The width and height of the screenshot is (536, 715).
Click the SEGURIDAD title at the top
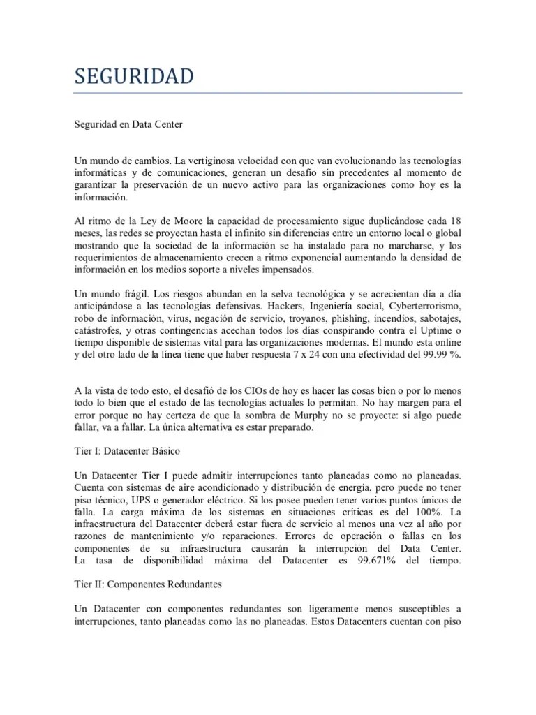tap(135, 76)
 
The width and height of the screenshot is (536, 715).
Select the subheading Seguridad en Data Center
tap(128, 125)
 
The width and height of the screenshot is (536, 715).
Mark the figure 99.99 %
tap(440, 355)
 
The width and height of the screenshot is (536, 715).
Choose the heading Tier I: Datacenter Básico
tap(128, 452)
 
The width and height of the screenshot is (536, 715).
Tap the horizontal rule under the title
tap(268, 93)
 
